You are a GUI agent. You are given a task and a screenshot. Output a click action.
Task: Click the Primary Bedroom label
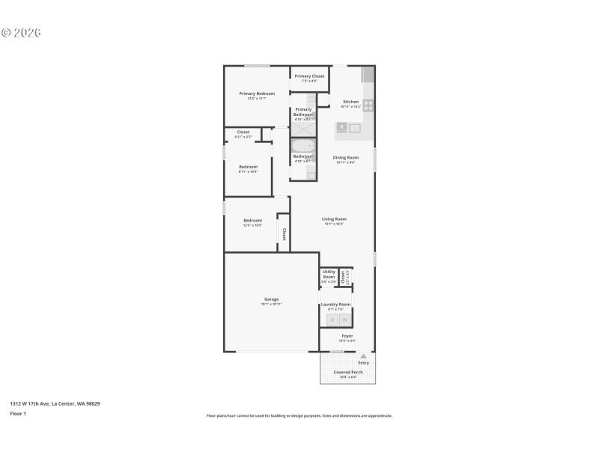click(257, 94)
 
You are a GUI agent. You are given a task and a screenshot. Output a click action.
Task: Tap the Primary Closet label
click(308, 76)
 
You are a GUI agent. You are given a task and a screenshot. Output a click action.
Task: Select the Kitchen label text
click(350, 102)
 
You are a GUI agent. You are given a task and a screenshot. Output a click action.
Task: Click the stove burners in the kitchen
click(368, 106)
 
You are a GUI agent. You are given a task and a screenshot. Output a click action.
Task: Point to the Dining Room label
click(345, 157)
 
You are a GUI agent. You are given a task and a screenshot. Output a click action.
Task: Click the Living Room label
click(334, 219)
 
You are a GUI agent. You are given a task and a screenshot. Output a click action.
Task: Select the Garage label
click(271, 299)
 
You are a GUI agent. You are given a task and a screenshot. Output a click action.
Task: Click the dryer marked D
click(332, 320)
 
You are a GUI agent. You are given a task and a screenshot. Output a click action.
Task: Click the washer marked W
click(345, 320)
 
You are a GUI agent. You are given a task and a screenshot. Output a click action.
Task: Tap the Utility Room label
click(329, 275)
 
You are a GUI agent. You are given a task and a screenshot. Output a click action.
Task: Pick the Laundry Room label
click(335, 305)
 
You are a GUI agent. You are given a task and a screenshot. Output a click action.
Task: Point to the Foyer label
click(347, 336)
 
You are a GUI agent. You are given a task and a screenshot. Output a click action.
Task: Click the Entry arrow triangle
click(363, 356)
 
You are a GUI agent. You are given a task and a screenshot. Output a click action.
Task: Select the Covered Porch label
click(348, 372)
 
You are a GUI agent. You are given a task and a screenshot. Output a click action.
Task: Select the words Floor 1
click(18, 413)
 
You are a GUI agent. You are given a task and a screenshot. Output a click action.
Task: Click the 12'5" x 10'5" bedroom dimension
click(252, 225)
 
